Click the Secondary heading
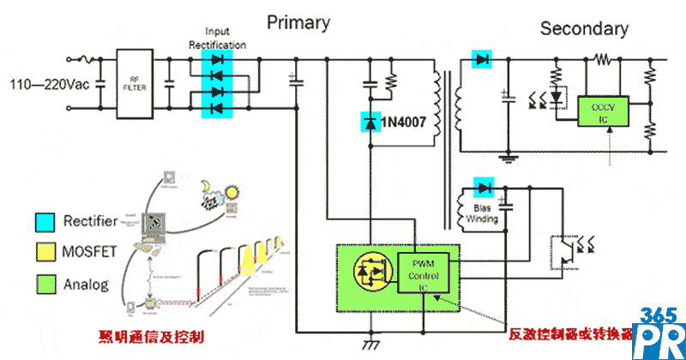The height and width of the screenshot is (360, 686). point(583,28)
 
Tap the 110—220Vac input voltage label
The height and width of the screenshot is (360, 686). point(48,85)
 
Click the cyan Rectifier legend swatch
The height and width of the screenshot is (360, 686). point(43,221)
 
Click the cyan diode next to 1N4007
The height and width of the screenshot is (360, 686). point(370,123)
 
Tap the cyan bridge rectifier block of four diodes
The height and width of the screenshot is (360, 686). point(217,84)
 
